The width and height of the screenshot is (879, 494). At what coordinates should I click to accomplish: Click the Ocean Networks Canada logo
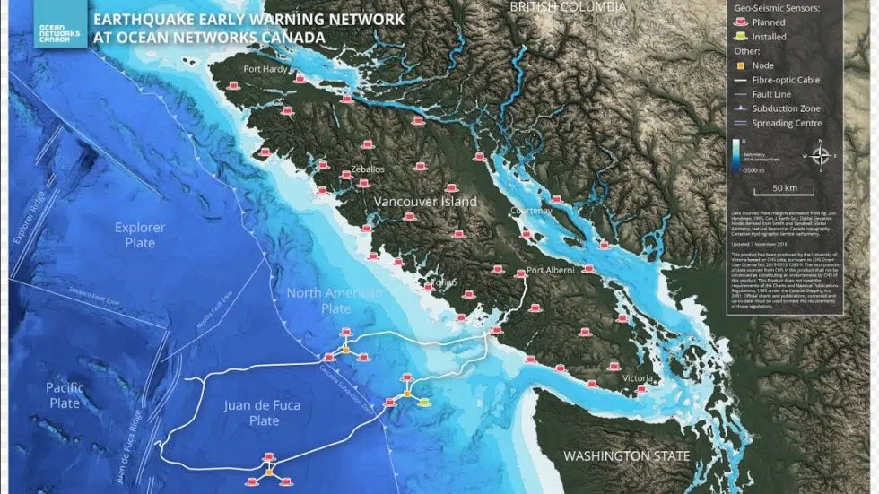point(61,26)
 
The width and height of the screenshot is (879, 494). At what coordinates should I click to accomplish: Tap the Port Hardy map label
point(264,69)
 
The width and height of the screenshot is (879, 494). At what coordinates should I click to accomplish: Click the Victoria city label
point(638,378)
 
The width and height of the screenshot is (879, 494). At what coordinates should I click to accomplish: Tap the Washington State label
point(626,455)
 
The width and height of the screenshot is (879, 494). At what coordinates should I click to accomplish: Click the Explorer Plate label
point(140,235)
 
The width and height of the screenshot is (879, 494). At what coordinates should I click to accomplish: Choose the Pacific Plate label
point(65,395)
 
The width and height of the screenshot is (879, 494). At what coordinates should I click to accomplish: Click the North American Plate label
point(334,300)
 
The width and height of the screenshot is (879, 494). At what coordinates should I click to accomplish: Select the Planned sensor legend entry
point(769,22)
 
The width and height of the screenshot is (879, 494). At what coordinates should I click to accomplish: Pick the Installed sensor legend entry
point(769,38)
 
